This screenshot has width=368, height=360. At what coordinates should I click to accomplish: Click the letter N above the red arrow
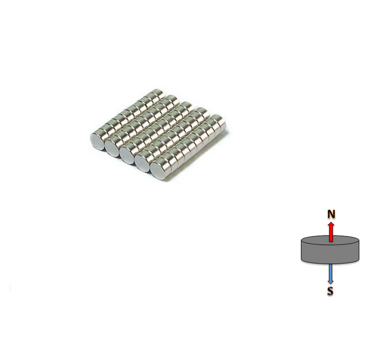tap(331, 214)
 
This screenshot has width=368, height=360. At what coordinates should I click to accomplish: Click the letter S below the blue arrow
tap(330, 291)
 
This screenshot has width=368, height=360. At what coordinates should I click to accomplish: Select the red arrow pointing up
tap(331, 231)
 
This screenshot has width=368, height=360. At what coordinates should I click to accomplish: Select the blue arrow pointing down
tap(330, 274)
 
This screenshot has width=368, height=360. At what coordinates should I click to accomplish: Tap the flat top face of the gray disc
tap(330, 240)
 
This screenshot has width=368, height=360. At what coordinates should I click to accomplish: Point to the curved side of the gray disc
tap(330, 255)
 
